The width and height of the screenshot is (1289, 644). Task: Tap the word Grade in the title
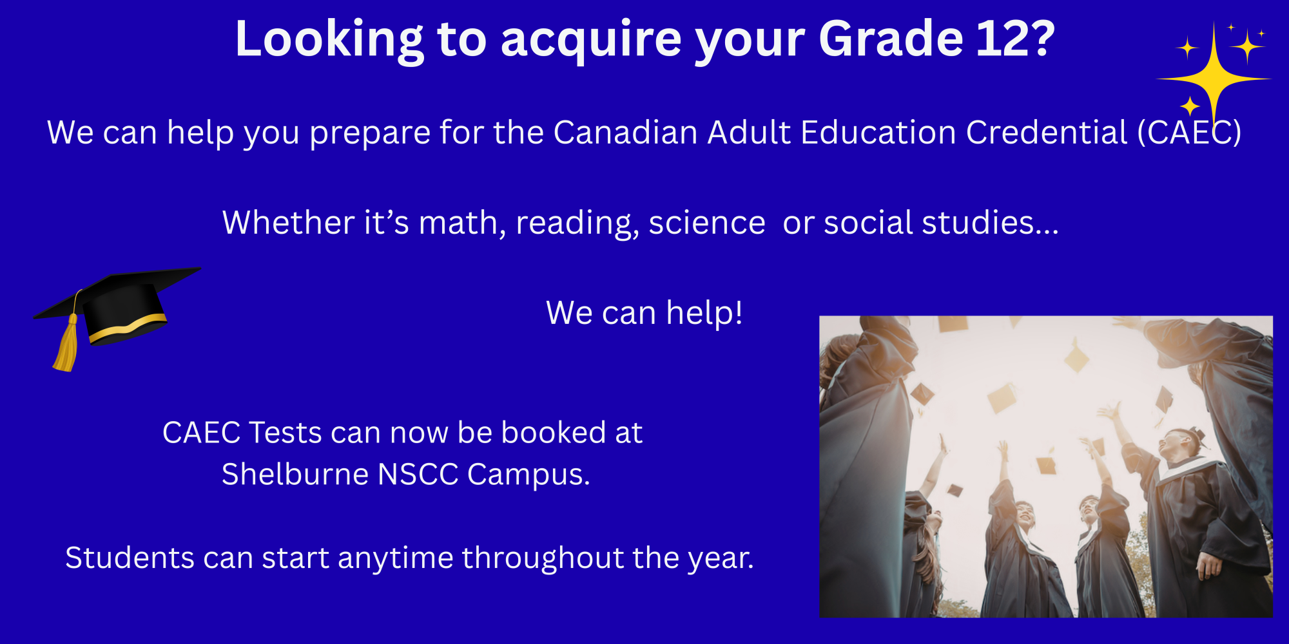click(891, 39)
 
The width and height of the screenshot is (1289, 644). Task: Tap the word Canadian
click(625, 133)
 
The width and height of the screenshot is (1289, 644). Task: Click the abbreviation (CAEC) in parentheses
click(1189, 133)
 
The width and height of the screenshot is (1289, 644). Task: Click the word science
click(707, 223)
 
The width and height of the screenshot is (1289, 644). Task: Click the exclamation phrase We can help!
click(644, 314)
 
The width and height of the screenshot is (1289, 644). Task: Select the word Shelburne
click(295, 474)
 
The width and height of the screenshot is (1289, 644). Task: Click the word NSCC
click(418, 474)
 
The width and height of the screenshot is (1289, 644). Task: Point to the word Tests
click(285, 433)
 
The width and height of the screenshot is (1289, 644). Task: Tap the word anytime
click(396, 558)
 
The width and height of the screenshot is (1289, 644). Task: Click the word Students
click(130, 558)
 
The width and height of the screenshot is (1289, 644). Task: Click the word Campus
click(528, 475)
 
